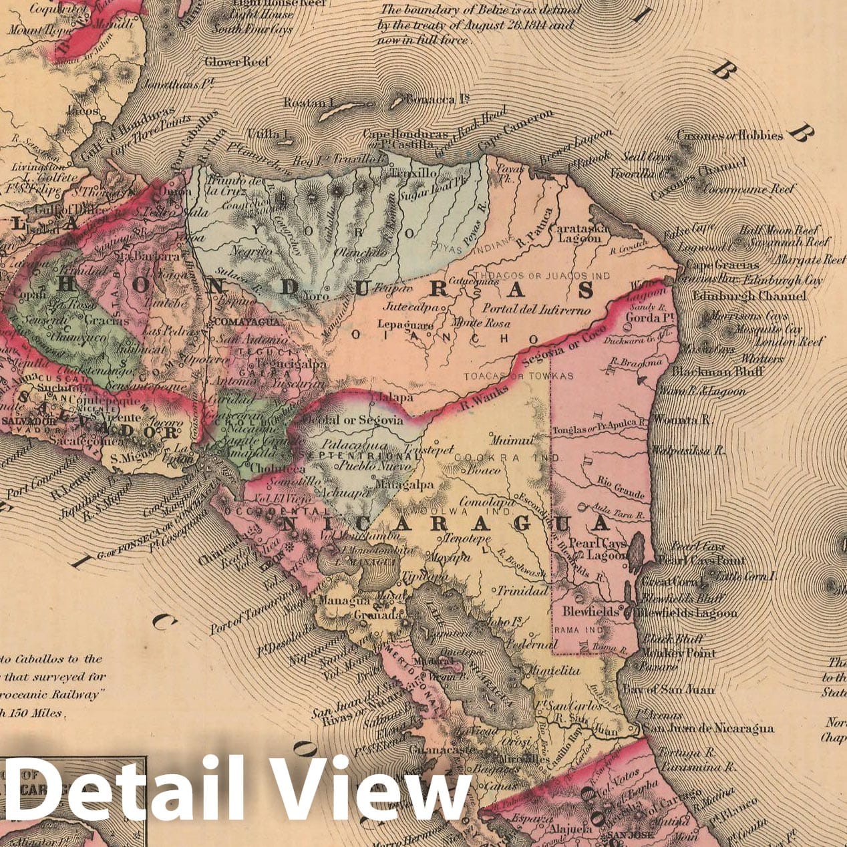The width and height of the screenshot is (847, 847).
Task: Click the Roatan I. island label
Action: [308, 102]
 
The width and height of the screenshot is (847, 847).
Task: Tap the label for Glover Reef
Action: [237, 62]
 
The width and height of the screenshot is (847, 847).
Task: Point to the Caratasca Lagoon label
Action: [575, 232]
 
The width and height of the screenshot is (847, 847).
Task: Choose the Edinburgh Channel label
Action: [749, 295]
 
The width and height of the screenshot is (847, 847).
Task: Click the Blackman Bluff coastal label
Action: [717, 372]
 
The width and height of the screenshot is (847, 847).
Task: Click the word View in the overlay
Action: [374, 792]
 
